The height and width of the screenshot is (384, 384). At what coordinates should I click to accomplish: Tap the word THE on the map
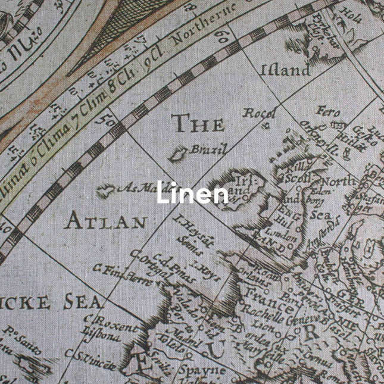pos(198,124)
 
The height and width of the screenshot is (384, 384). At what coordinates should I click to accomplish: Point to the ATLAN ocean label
pos(106,221)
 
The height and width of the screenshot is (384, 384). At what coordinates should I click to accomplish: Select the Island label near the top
pos(285,70)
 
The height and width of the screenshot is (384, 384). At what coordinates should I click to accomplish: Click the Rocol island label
pos(260,113)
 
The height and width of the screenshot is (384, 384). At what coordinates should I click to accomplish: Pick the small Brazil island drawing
pos(177,155)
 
